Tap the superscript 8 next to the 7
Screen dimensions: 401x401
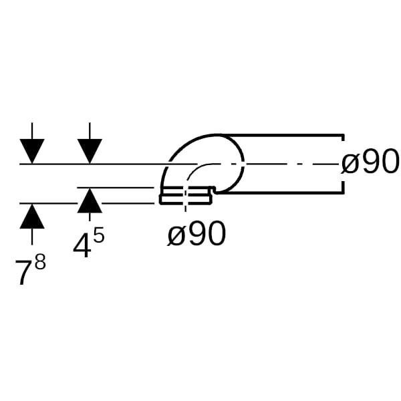(x=40, y=261)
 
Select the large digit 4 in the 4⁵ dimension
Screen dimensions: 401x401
(x=82, y=245)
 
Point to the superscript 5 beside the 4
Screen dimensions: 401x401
(x=98, y=235)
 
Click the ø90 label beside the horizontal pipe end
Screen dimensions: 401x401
(x=370, y=162)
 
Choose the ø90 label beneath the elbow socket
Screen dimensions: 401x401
(x=196, y=233)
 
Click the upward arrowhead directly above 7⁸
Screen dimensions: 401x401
(x=32, y=217)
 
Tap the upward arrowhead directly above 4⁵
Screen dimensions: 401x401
(x=90, y=202)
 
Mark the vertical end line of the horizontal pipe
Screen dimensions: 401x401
(x=343, y=164)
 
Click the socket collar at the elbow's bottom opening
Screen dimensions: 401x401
(x=186, y=197)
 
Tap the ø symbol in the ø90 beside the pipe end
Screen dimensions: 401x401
(x=350, y=162)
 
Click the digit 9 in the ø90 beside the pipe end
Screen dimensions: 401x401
(x=370, y=162)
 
